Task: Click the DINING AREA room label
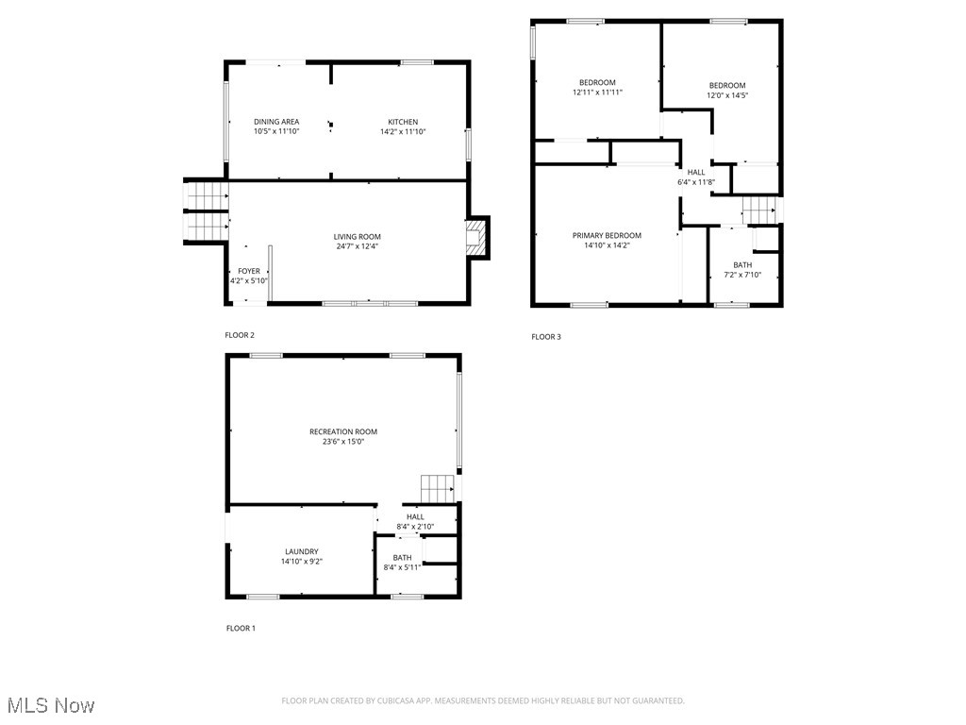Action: tap(276, 122)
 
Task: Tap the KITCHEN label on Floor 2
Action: tap(403, 122)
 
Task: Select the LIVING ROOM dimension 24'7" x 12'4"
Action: tap(357, 246)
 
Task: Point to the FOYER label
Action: tap(249, 271)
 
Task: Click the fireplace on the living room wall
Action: tap(477, 238)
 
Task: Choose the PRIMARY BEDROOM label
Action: tap(607, 235)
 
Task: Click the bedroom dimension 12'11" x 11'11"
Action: tap(597, 93)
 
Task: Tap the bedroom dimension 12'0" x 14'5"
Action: tap(727, 95)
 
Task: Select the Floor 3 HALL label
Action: tap(696, 172)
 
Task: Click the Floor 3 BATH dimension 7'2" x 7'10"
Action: tap(742, 275)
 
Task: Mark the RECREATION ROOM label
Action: tap(343, 431)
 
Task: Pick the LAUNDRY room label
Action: tap(302, 551)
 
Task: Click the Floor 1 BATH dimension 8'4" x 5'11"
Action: tap(402, 567)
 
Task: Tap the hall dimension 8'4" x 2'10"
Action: tap(415, 527)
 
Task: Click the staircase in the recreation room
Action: tap(438, 489)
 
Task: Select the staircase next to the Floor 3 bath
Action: tap(758, 211)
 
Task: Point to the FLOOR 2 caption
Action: tap(240, 335)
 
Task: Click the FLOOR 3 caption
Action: tap(546, 337)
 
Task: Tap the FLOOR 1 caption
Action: tap(241, 628)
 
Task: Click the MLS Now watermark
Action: tap(51, 705)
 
